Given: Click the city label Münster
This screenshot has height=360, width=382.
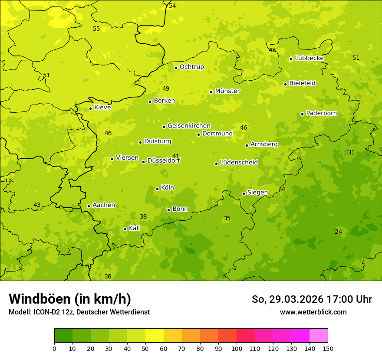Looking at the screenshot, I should pos(227,91).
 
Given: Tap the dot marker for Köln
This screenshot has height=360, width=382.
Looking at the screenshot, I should pos(157,189).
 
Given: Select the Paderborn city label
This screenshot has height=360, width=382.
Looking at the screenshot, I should pos(321,113).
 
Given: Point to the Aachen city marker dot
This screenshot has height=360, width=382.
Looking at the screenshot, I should pos(89,206).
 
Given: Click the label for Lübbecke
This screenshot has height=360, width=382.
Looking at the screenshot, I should pos(309,58).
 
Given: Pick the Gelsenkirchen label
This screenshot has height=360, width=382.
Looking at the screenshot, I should pos(189,126).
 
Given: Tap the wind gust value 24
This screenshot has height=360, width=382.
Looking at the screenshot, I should pos(338,232).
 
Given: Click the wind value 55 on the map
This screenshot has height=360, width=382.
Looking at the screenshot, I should pos(96,29).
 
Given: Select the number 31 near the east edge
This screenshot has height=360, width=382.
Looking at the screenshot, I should pos(351,153).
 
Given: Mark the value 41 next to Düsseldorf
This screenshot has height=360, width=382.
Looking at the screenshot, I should pos(176,156).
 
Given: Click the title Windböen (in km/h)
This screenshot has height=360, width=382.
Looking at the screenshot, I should pos(70,299).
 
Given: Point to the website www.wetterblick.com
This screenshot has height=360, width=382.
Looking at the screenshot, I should pos(313,312).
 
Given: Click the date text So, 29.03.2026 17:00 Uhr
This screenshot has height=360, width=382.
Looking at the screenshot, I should pos(312,299).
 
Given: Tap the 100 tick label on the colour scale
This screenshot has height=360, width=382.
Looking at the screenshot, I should pos(237,348).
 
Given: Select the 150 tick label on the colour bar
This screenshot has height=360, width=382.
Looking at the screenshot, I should pos(328,348).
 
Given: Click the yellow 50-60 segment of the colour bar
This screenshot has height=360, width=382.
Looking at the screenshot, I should pos(155,336).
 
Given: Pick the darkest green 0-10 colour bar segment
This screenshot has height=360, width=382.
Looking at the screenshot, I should pos(63,336).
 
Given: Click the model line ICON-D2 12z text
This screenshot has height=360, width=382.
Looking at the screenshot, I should pos(79,312).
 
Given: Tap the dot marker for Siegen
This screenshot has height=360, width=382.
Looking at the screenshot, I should pos(244,194).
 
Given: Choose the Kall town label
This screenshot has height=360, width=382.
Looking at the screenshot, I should pos(134,228).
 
